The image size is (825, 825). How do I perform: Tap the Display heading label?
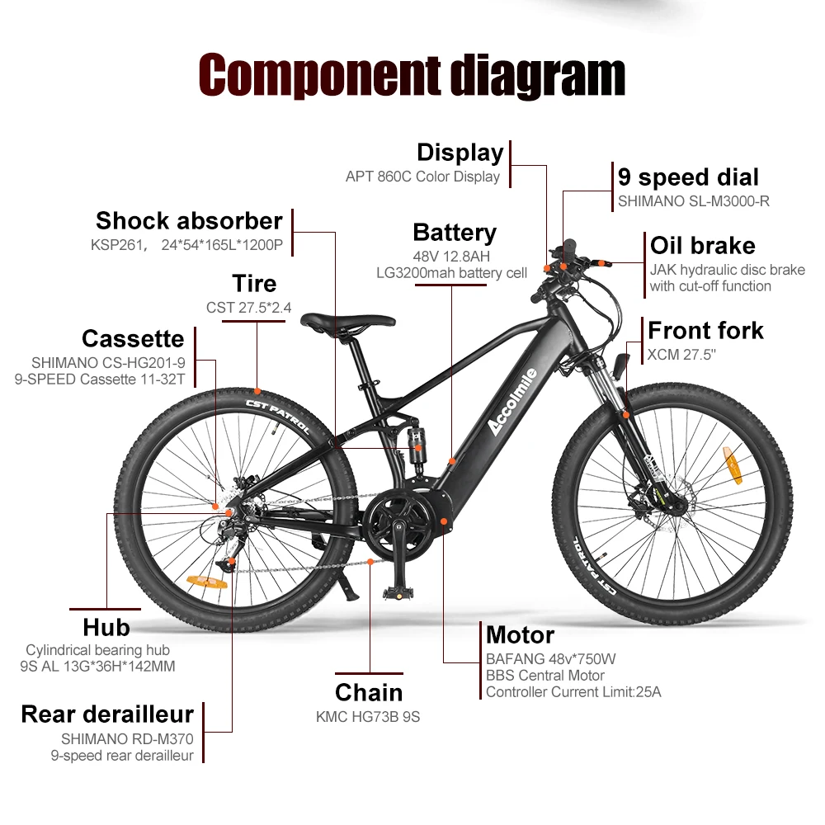click(x=460, y=153)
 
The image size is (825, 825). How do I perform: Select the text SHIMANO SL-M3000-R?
click(x=693, y=200)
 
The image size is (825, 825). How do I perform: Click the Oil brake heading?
click(x=702, y=246)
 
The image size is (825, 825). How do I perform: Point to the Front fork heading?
click(x=705, y=331)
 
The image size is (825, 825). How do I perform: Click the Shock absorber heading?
click(x=189, y=221)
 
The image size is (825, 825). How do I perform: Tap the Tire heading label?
click(x=254, y=284)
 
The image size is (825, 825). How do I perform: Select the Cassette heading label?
click(x=133, y=338)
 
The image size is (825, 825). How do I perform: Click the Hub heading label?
click(x=106, y=628)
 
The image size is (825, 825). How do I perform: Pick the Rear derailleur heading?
click(x=107, y=714)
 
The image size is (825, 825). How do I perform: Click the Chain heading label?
click(x=369, y=692)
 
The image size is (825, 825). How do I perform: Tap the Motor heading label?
click(x=520, y=635)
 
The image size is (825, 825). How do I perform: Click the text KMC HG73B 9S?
click(x=368, y=717)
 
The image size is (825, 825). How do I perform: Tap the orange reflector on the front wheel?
click(x=733, y=466)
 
